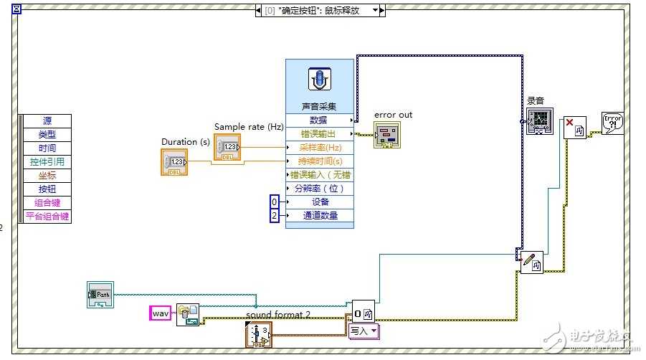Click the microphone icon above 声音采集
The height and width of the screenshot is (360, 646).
[320, 79]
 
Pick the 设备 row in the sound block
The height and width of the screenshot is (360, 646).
[320, 202]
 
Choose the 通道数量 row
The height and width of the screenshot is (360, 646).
[320, 215]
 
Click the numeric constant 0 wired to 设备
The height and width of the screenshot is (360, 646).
[274, 202]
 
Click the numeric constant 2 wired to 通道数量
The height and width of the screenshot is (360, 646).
[274, 215]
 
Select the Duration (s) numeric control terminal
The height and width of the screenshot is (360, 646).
[174, 162]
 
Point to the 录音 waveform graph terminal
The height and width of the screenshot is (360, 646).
[540, 122]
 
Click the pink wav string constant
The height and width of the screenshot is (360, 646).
[160, 313]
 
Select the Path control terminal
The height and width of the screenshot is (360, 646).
[100, 295]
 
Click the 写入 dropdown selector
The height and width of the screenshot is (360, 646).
[364, 331]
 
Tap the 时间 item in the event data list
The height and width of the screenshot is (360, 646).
[47, 148]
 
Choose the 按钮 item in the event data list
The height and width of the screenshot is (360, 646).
[47, 189]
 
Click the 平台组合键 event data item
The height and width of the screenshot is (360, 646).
[47, 216]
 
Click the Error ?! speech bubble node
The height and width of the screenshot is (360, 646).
[612, 123]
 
